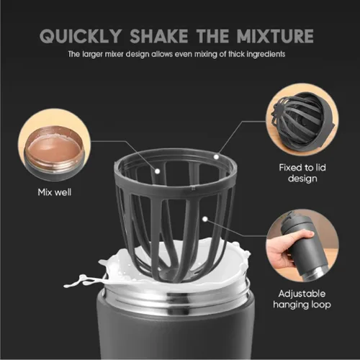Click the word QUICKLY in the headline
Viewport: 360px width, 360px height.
pyautogui.click(x=81, y=36)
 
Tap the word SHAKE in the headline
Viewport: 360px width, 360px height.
pyautogui.click(x=159, y=36)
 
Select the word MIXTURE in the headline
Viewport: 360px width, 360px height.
pyautogui.click(x=275, y=36)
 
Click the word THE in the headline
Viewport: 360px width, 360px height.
pyautogui.click(x=212, y=36)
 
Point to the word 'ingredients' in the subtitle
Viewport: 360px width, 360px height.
pyautogui.click(x=266, y=55)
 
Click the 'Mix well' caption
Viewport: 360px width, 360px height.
pyautogui.click(x=55, y=192)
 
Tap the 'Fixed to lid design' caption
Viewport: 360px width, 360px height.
pyautogui.click(x=302, y=173)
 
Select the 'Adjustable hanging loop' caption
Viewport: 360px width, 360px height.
pyautogui.click(x=302, y=299)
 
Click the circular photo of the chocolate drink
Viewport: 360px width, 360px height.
pyautogui.click(x=54, y=145)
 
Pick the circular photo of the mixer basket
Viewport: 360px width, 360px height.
pyautogui.click(x=302, y=120)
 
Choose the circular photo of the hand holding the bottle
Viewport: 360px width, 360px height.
pyautogui.click(x=302, y=246)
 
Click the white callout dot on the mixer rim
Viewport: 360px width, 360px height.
pyautogui.click(x=216, y=157)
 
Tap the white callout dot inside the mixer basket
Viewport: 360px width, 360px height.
pyautogui.click(x=158, y=171)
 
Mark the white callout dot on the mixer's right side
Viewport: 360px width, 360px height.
pyautogui.click(x=205, y=219)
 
